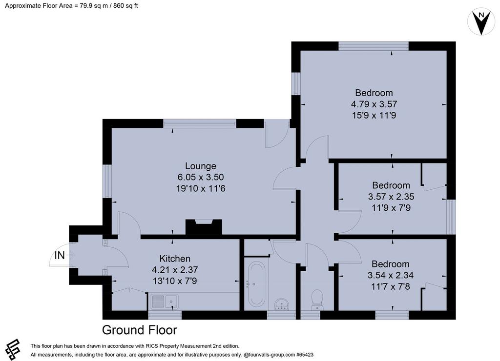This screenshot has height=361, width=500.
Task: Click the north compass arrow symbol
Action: tap(481, 21)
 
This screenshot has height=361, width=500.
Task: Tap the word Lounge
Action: tap(201, 166)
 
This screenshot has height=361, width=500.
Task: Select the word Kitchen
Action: tap(175, 259)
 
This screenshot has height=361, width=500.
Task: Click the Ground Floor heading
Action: tap(139, 330)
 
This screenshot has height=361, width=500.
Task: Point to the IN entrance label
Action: tap(60, 255)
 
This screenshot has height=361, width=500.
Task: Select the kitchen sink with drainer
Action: tap(165, 302)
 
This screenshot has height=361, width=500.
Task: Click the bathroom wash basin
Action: tap(282, 304)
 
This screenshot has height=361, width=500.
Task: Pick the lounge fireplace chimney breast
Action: tap(204, 227)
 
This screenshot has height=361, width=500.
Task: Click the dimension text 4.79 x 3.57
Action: tap(374, 104)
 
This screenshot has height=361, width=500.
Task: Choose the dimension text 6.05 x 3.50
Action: tap(201, 177)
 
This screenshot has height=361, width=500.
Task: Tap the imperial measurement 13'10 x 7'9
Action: tap(175, 281)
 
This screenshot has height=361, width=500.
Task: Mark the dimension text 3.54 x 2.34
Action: tap(391, 275)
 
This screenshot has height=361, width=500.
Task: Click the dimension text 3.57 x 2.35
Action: tap(391, 197)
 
